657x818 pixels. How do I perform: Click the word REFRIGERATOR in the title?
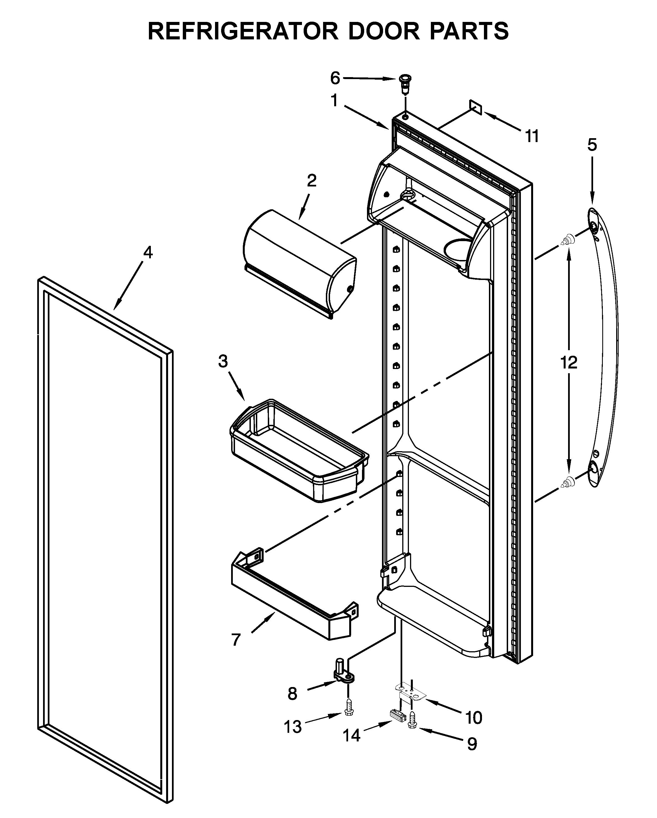[243, 31]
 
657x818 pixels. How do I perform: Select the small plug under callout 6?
[405, 86]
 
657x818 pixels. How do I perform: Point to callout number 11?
[532, 136]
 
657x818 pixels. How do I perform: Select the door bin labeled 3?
[298, 451]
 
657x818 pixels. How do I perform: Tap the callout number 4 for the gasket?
[148, 252]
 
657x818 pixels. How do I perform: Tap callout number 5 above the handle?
[592, 145]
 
